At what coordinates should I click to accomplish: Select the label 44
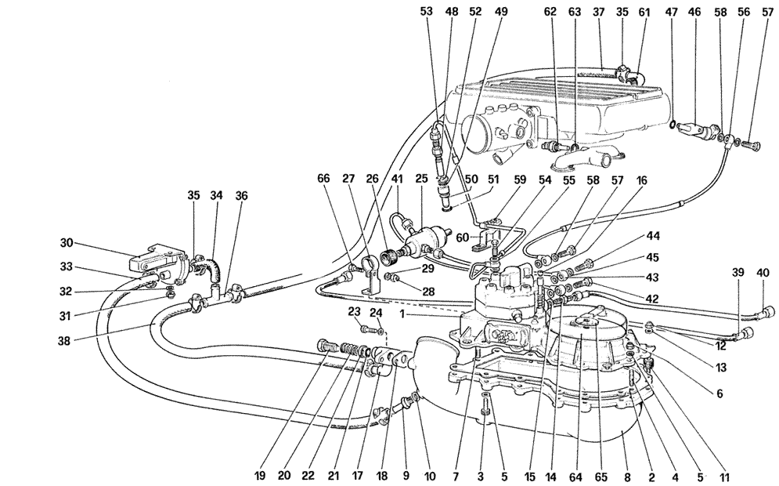[x=652, y=236]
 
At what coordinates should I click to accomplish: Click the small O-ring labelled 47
[x=673, y=122]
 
